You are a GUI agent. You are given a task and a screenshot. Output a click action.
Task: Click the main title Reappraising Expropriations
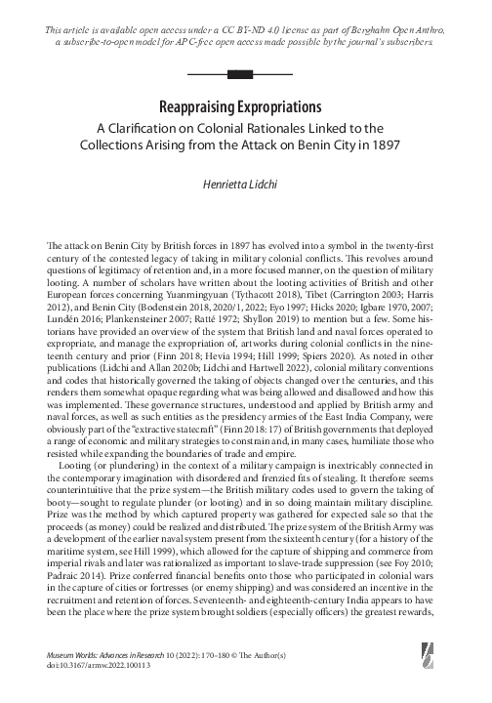[x=246, y=104]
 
